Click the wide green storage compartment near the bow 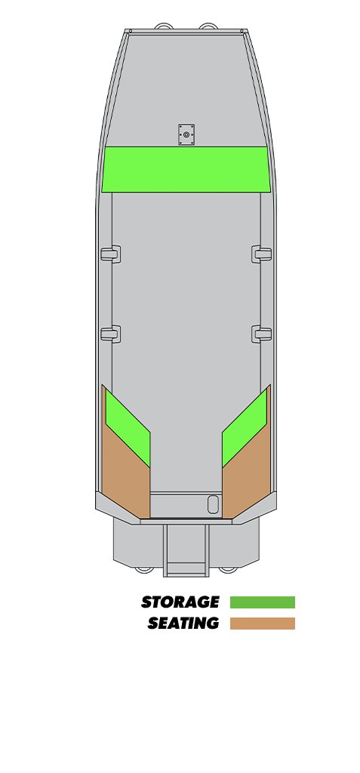(186, 169)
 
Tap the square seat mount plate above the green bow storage (186, 134)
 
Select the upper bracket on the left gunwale (110, 254)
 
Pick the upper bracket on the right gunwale (262, 254)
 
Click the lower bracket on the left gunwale (110, 334)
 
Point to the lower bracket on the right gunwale (262, 334)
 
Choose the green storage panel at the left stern (128, 428)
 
